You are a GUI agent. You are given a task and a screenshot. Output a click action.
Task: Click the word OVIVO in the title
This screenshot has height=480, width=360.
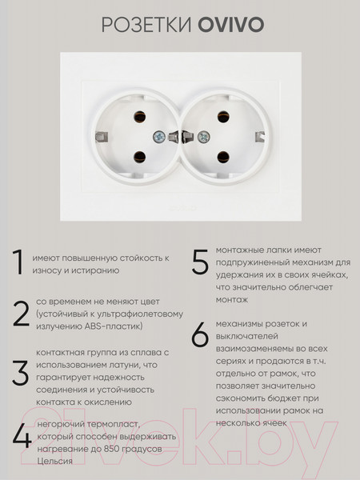(x=231, y=25)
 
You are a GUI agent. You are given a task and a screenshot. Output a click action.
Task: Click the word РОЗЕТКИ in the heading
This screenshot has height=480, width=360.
(x=146, y=25)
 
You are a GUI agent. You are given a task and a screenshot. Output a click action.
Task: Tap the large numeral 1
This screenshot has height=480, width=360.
(x=18, y=262)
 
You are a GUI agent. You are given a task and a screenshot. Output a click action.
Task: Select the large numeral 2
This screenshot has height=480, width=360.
(x=21, y=314)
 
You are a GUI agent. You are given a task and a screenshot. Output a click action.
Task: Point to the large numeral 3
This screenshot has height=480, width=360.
(x=21, y=373)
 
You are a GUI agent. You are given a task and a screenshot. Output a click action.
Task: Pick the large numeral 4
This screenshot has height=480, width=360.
(x=22, y=436)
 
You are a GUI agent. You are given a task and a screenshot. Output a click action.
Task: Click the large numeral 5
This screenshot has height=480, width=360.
(x=200, y=262)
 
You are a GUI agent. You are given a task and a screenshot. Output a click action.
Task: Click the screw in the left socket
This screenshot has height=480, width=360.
(x=159, y=137)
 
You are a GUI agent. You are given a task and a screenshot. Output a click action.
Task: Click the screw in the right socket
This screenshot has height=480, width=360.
(x=203, y=137)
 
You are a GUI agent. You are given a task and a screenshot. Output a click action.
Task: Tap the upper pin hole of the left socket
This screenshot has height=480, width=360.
(x=139, y=117)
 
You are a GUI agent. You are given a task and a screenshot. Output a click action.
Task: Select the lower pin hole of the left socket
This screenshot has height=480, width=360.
(x=139, y=157)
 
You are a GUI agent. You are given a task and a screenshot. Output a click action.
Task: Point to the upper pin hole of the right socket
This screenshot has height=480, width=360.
(x=223, y=117)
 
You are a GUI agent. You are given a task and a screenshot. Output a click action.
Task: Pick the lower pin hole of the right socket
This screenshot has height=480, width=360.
(x=223, y=157)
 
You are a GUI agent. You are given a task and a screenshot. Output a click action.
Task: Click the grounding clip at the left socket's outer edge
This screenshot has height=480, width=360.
(x=102, y=137)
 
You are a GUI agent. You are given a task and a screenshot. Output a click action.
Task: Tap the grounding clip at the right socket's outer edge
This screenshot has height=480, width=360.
(x=260, y=137)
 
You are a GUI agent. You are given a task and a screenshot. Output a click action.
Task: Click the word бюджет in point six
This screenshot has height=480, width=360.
(x=282, y=398)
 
